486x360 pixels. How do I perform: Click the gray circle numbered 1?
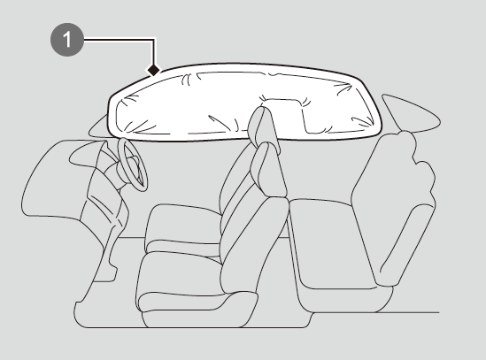point(67,39)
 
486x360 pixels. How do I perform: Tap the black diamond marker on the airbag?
point(153,70)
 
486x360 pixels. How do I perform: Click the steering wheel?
point(133,165)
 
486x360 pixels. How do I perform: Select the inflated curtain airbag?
point(245,103)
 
